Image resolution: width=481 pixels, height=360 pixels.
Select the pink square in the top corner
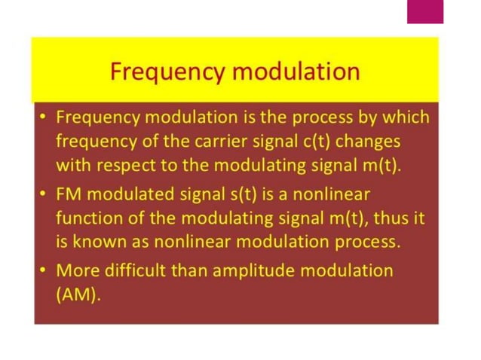[425, 11]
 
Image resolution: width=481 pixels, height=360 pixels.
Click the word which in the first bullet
[405, 117]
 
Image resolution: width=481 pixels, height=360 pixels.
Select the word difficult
[143, 270]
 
